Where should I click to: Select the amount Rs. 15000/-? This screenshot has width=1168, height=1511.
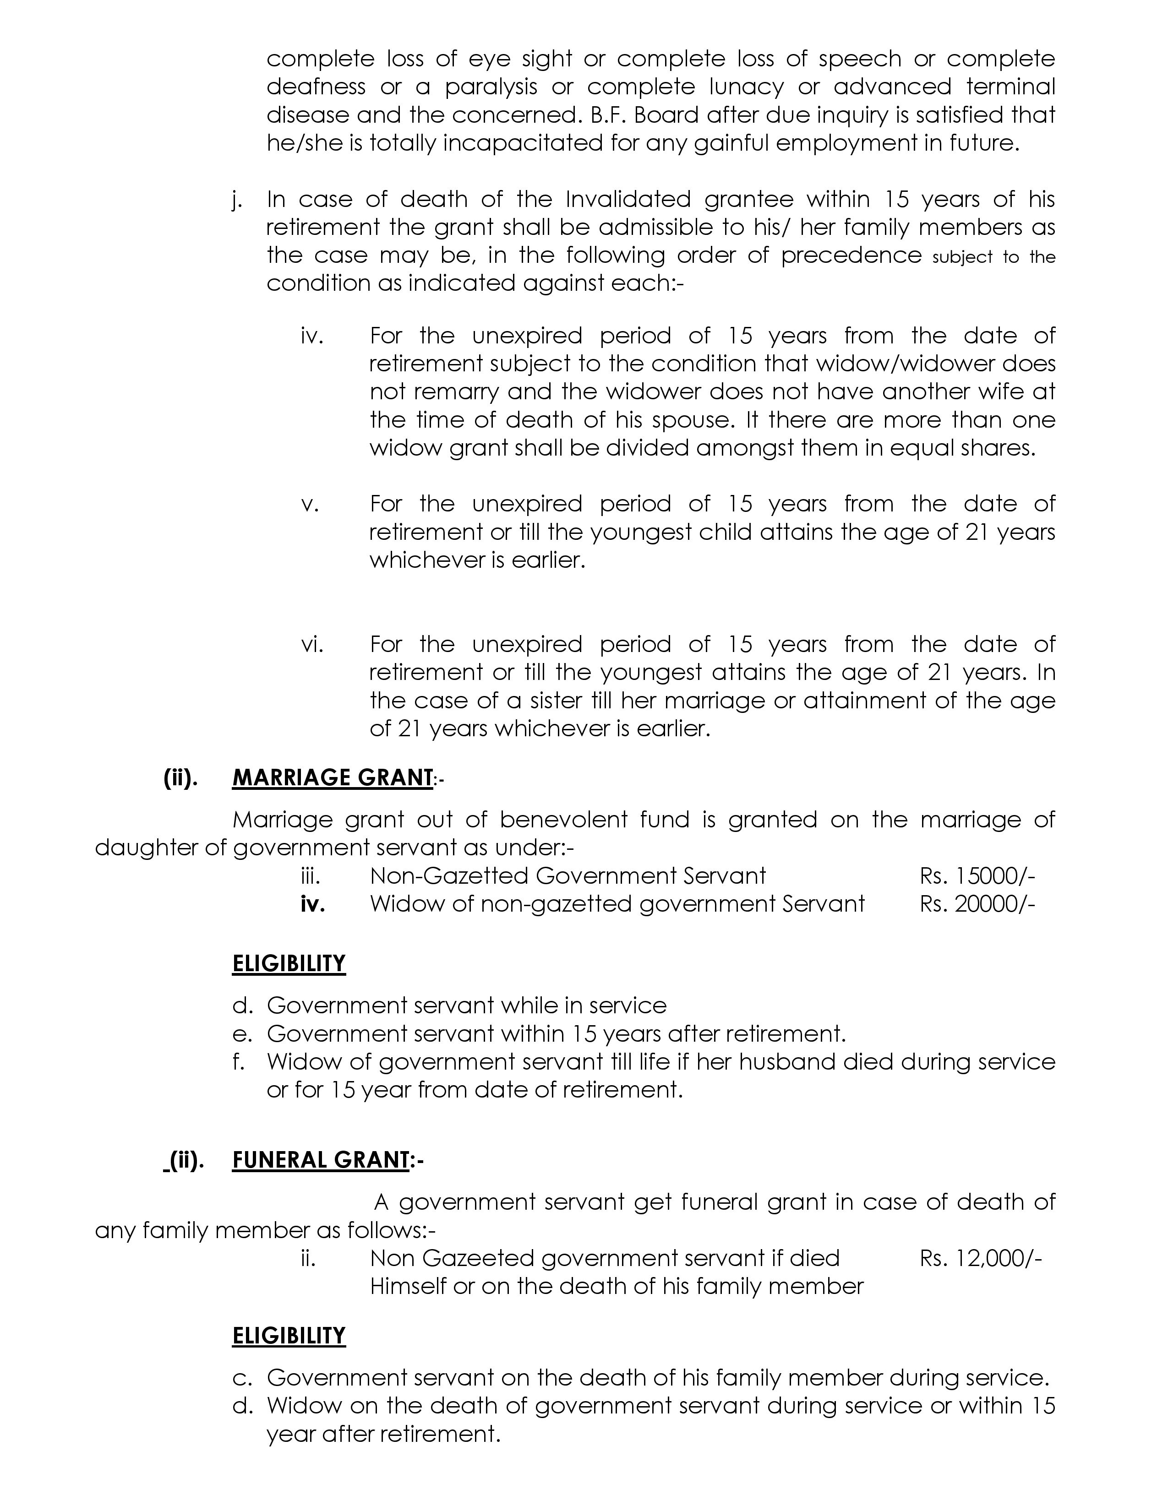(x=977, y=876)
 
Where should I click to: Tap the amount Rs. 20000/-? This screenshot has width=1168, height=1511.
(x=977, y=903)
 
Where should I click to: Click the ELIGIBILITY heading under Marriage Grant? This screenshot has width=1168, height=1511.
(x=289, y=964)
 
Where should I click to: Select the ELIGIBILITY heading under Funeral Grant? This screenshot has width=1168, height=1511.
(x=289, y=1335)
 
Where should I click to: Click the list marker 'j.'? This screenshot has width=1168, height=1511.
(x=237, y=200)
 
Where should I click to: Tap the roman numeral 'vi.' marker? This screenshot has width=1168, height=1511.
(x=312, y=645)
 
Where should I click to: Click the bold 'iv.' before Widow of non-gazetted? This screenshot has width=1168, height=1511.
(x=313, y=904)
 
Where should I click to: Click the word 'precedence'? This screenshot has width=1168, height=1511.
(x=851, y=256)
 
